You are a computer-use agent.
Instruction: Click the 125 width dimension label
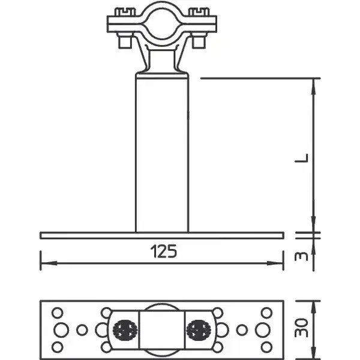click(x=164, y=251)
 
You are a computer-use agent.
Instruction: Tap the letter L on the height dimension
click(x=301, y=158)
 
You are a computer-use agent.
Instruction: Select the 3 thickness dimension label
click(x=301, y=256)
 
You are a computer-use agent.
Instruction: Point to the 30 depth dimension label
click(x=301, y=328)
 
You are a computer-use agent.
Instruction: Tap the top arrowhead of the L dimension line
click(x=314, y=86)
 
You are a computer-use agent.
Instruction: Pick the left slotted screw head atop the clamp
click(x=125, y=12)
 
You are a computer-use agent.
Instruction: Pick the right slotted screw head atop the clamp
click(x=199, y=12)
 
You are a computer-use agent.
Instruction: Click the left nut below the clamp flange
click(x=125, y=41)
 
